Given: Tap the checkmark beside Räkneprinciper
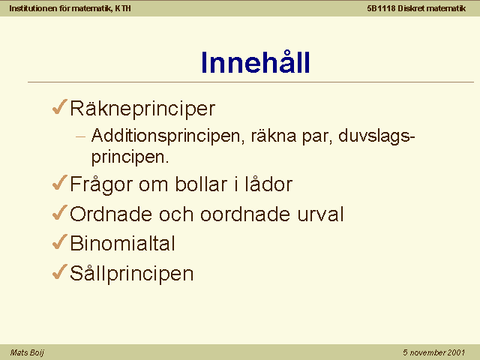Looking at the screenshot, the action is pos(59,106).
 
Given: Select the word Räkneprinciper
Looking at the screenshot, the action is pos(142,109).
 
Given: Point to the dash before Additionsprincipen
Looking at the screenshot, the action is pos(80,136).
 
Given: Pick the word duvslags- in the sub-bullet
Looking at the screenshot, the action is pos(376,136).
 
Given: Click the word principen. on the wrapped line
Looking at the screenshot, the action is pos(130,157).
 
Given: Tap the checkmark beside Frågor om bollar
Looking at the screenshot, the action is pos(59,183).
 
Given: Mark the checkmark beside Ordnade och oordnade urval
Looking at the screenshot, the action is pos(59,212).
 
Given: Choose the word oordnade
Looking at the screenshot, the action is pos(245,214).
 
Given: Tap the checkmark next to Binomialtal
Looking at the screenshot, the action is pos(59,241).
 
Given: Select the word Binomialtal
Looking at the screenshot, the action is pos(123,244).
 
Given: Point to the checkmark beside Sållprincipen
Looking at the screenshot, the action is pos(59,271).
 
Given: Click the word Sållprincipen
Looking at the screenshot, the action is pos(132,273).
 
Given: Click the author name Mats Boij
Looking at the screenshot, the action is pos(27,352).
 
